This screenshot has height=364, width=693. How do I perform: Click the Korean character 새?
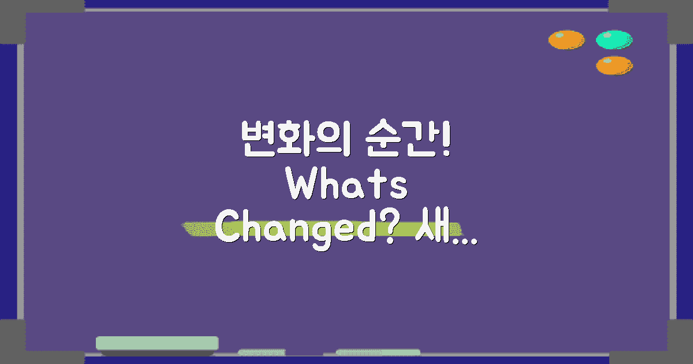tap(429, 229)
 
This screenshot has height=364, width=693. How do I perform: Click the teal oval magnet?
tap(614, 40)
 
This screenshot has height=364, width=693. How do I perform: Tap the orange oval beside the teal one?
tap(566, 40)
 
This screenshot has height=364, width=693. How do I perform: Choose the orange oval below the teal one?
tap(614, 65)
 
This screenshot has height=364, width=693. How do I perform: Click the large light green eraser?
tap(157, 343)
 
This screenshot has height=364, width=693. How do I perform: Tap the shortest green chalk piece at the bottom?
tap(262, 352)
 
